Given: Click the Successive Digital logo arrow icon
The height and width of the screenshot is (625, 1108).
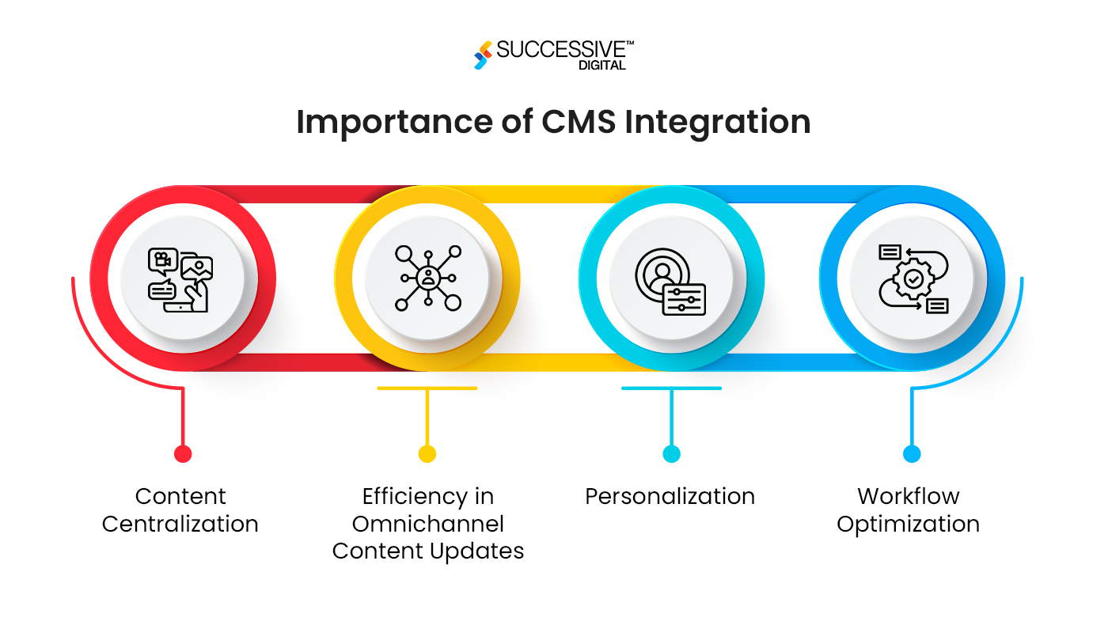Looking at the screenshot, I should point(483,55).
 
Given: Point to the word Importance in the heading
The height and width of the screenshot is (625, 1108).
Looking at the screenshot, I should point(378,122).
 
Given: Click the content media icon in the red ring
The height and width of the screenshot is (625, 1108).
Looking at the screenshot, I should point(183,278).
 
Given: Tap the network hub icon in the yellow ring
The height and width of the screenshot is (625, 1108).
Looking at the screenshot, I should point(427,278).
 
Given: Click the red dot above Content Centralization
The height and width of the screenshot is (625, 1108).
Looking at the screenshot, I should point(183,453).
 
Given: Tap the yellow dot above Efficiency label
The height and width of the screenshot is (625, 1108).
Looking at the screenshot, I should point(427,453).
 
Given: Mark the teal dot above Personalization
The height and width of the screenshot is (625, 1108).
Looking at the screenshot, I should point(671,453).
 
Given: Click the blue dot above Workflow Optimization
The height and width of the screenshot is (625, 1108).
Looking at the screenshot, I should point(912,453).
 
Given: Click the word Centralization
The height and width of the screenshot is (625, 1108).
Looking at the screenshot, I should point(180,524).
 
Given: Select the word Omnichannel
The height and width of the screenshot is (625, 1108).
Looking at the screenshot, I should point(428,524).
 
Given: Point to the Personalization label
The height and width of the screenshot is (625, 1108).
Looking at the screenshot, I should point(670,496).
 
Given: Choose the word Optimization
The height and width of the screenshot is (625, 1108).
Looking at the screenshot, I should point(908,524).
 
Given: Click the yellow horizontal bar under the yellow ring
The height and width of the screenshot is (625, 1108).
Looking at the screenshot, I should point(427,388).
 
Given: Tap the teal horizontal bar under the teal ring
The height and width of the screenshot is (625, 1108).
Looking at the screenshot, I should point(671,388).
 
